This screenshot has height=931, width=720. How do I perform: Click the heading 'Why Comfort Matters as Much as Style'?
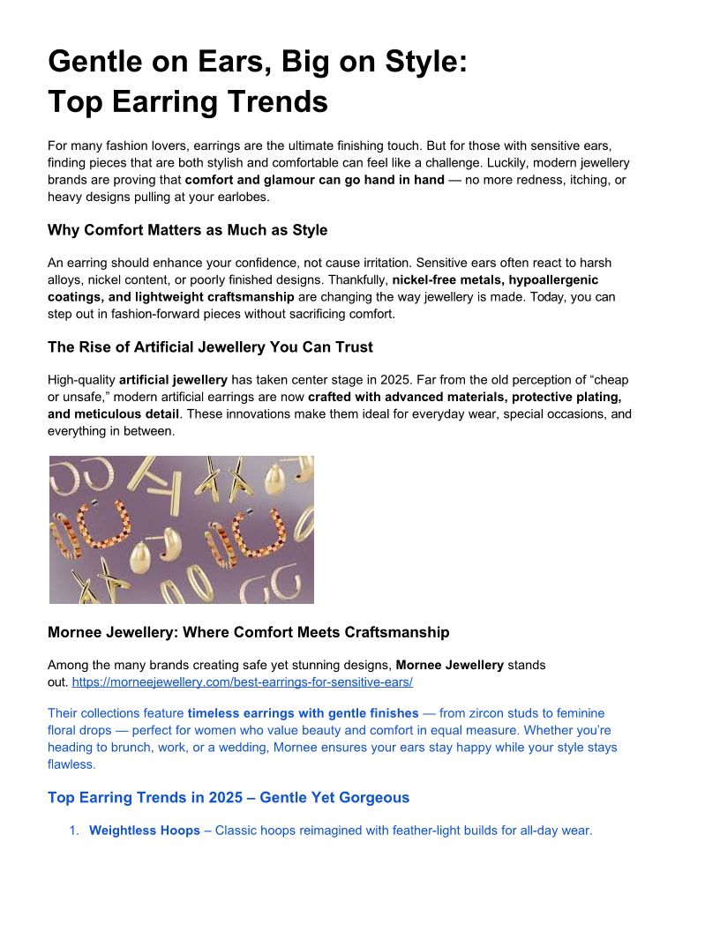pyautogui.click(x=187, y=230)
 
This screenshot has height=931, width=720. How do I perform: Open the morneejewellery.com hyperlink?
pyautogui.click(x=242, y=681)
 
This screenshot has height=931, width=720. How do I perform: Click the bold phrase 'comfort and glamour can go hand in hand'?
pyautogui.click(x=314, y=180)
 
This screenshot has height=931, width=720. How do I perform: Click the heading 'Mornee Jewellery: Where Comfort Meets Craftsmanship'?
pyautogui.click(x=248, y=632)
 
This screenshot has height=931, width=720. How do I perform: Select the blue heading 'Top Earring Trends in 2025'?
pyautogui.click(x=229, y=797)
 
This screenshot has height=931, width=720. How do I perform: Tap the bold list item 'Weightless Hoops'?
pyautogui.click(x=145, y=830)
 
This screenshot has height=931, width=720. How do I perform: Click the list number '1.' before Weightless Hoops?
pyautogui.click(x=75, y=830)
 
